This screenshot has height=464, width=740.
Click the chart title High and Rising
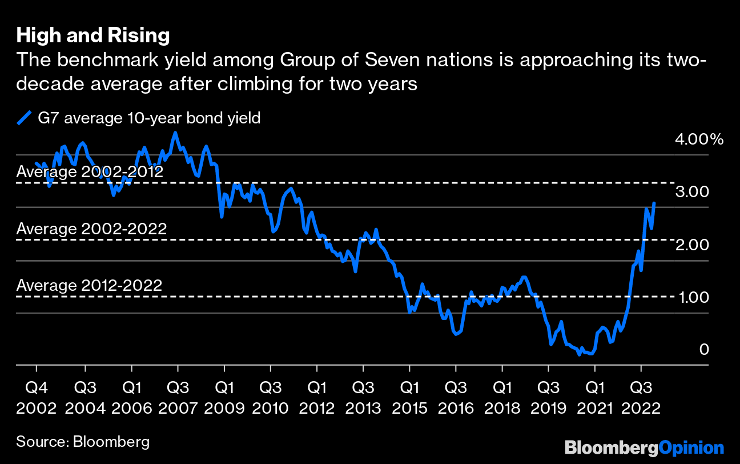(x=93, y=36)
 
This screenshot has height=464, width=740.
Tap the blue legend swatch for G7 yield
(x=24, y=118)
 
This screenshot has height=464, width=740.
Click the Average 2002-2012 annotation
(x=90, y=172)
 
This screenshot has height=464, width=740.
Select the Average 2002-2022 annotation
(x=91, y=229)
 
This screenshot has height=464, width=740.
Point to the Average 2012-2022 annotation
(x=89, y=285)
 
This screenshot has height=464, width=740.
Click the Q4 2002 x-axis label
(x=37, y=399)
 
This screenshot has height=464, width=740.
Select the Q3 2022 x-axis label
(x=641, y=399)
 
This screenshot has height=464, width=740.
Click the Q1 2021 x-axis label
(x=595, y=399)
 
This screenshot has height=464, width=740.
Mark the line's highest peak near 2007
(x=175, y=133)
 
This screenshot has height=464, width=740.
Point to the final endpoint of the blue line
(x=654, y=203)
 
